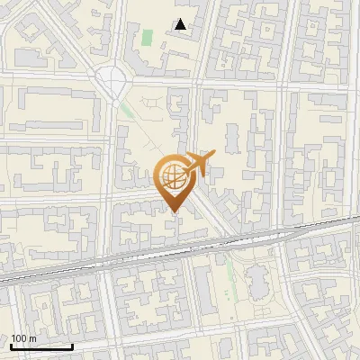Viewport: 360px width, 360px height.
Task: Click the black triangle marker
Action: pos(182,24)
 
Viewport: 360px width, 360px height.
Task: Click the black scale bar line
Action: pos(41,346)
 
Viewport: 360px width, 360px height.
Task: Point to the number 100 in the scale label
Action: pos(19,338)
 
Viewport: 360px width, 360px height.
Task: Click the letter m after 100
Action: pos(32,338)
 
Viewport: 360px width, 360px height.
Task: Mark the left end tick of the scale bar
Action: pos(11,345)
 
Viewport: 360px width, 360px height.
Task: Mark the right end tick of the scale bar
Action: pos(72,345)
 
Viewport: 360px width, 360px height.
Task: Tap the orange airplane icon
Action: pos(199,164)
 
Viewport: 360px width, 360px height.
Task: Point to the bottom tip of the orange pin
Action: pos(173,212)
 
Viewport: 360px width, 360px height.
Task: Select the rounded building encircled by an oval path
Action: pos(258,281)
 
